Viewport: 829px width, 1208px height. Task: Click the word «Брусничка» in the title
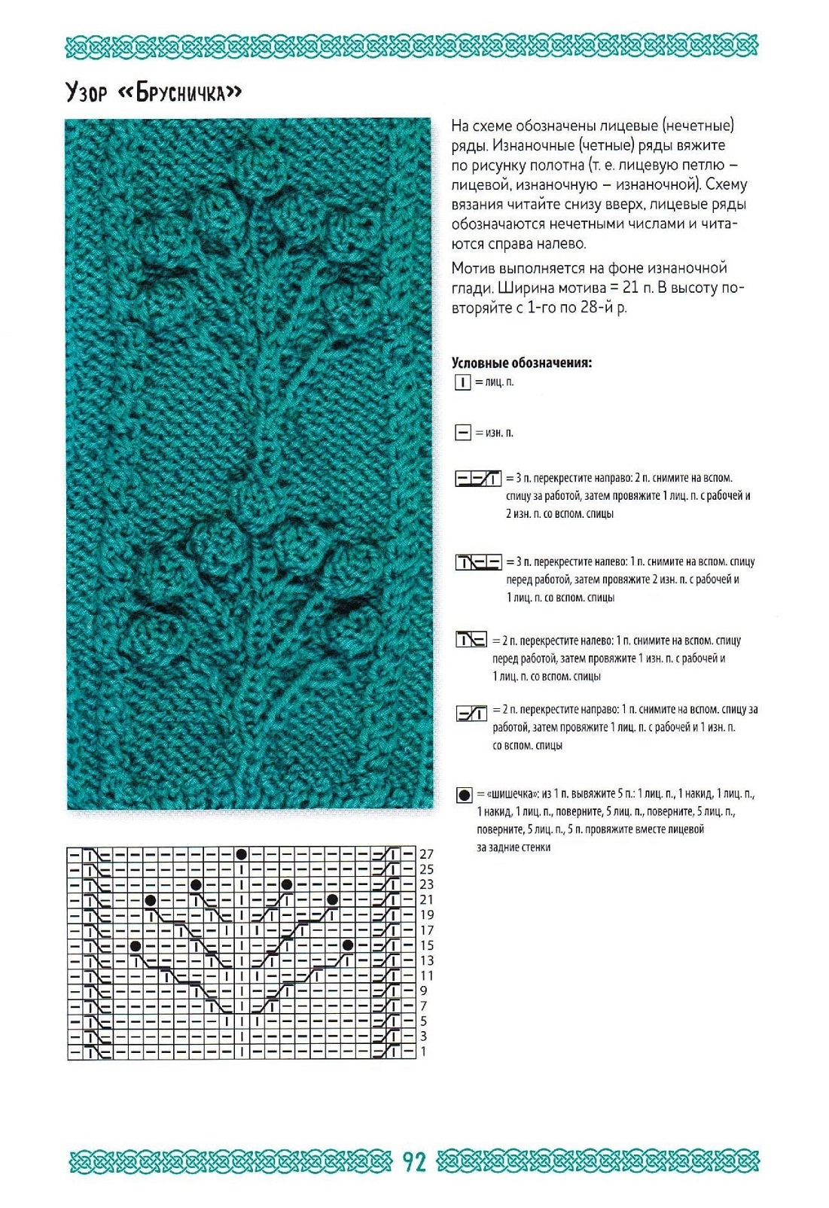(181, 93)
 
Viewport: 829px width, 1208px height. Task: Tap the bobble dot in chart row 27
(241, 854)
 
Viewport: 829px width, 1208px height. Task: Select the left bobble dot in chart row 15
(136, 945)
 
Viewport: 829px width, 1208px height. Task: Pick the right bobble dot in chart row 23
(287, 884)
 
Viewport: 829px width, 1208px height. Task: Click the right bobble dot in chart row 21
(332, 899)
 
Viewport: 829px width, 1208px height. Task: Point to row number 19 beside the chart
(427, 914)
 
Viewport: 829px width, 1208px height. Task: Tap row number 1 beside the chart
(423, 1051)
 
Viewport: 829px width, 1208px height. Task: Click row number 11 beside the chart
(427, 975)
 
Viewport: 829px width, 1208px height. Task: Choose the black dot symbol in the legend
(464, 795)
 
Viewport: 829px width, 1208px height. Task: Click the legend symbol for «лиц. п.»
(462, 382)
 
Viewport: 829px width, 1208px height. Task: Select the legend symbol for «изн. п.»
(462, 433)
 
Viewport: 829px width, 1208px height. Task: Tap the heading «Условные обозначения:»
(521, 363)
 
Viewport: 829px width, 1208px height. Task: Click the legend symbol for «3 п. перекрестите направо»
(478, 479)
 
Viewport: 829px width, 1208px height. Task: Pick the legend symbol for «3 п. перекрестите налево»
(478, 562)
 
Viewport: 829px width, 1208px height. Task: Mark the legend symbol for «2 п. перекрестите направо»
(471, 713)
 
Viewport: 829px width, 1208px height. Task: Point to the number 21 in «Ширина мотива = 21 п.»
(631, 288)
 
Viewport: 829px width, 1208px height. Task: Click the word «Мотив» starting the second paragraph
(473, 268)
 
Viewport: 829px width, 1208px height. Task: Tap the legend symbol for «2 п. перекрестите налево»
(471, 641)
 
